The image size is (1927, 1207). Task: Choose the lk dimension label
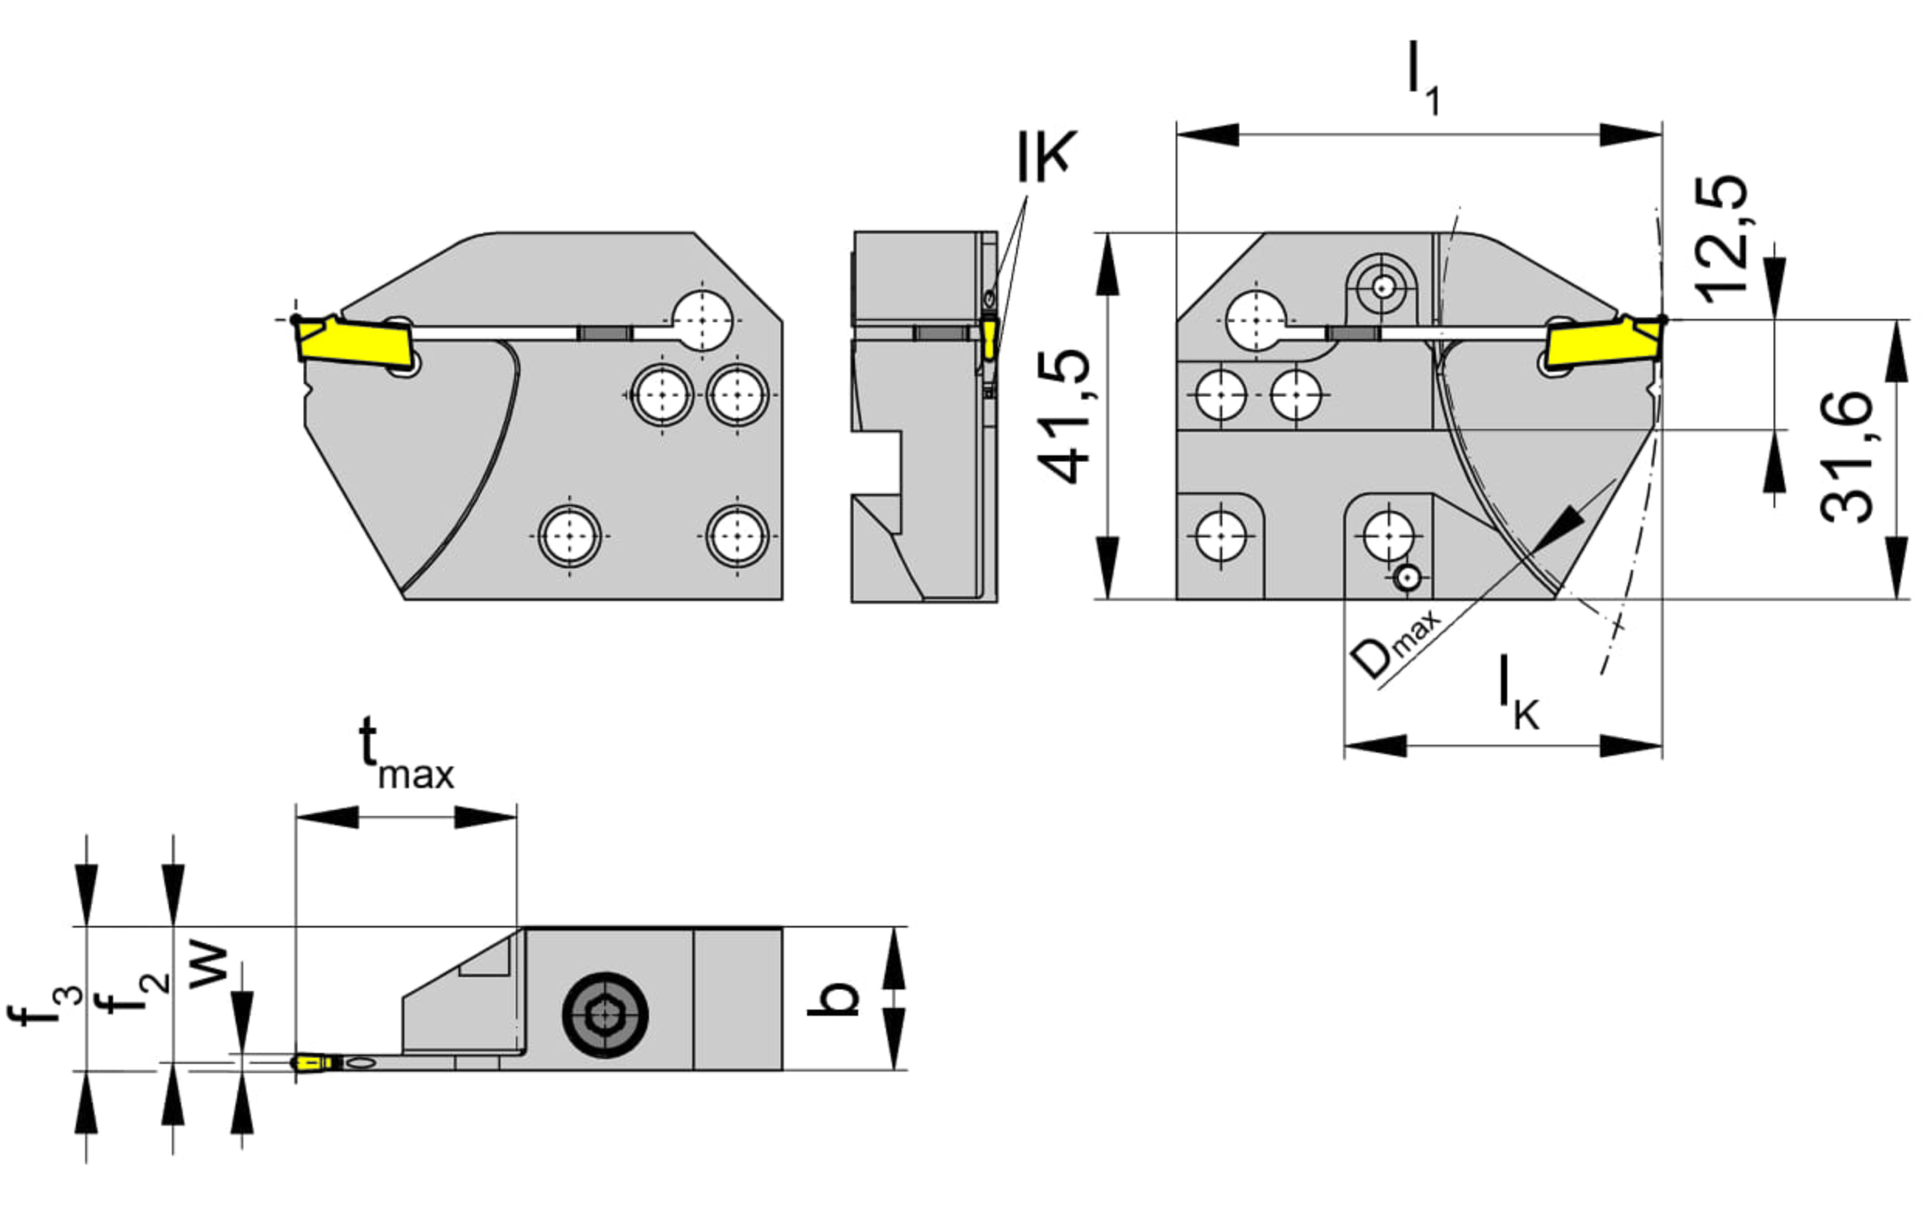pyautogui.click(x=1518, y=692)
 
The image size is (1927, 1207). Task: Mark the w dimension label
pyautogui.click(x=209, y=967)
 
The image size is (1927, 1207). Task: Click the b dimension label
pyautogui.click(x=833, y=998)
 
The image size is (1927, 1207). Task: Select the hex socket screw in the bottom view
pyautogui.click(x=605, y=1016)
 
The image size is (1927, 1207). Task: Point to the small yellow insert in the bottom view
pyautogui.click(x=316, y=1063)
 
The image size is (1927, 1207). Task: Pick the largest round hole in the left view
pyautogui.click(x=702, y=321)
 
